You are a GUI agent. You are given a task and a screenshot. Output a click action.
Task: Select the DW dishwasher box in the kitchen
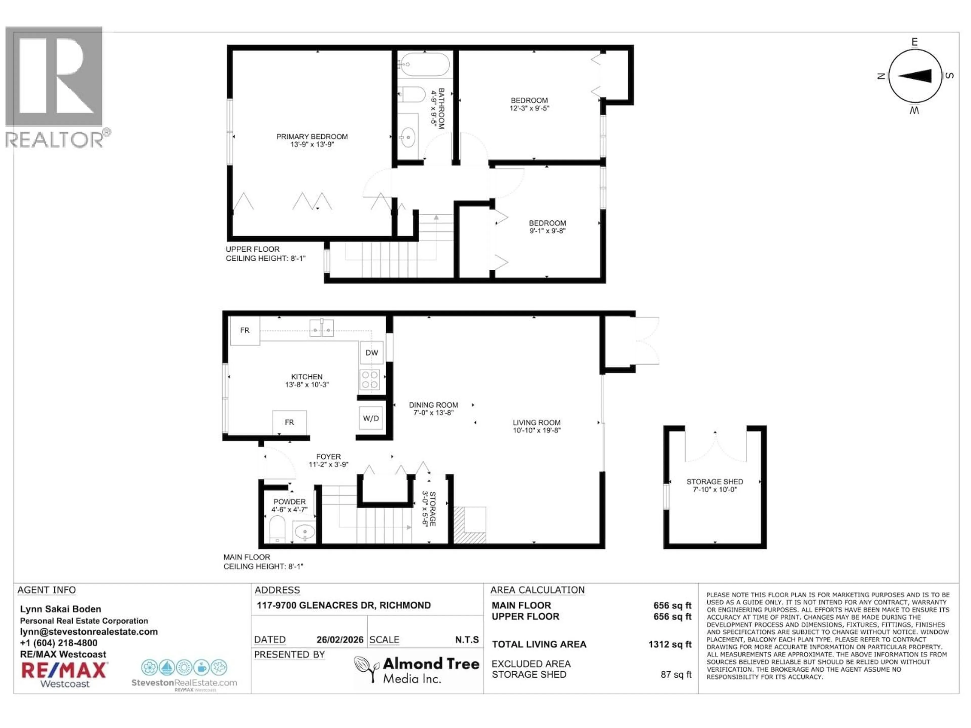click(371, 352)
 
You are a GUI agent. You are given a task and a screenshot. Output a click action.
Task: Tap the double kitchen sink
click(321, 328)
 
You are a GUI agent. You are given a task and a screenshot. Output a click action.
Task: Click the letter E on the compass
click(914, 42)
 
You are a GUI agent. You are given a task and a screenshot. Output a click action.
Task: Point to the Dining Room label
click(433, 405)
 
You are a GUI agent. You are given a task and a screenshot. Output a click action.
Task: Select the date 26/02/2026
click(340, 640)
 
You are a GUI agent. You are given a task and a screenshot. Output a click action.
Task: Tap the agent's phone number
click(59, 643)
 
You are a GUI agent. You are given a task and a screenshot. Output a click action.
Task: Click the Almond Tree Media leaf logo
click(366, 669)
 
